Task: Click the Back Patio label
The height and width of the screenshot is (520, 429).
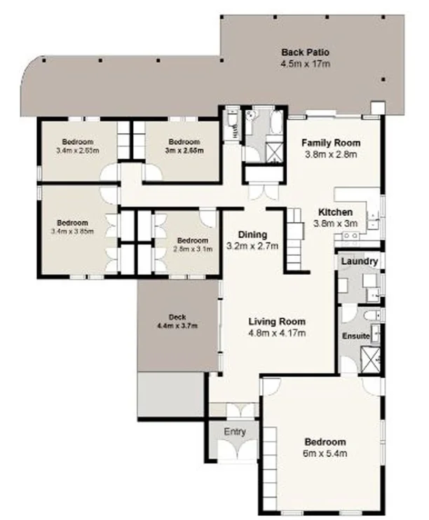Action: point(305,53)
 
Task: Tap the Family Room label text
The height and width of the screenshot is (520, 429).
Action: point(331,143)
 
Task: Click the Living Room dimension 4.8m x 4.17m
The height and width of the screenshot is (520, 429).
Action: point(277,333)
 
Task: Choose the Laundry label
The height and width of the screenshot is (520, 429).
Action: point(360,262)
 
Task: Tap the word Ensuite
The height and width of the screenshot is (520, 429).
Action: point(355,336)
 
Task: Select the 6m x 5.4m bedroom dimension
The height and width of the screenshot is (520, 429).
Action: point(325,453)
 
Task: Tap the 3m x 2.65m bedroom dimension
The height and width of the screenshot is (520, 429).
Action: point(184,150)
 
